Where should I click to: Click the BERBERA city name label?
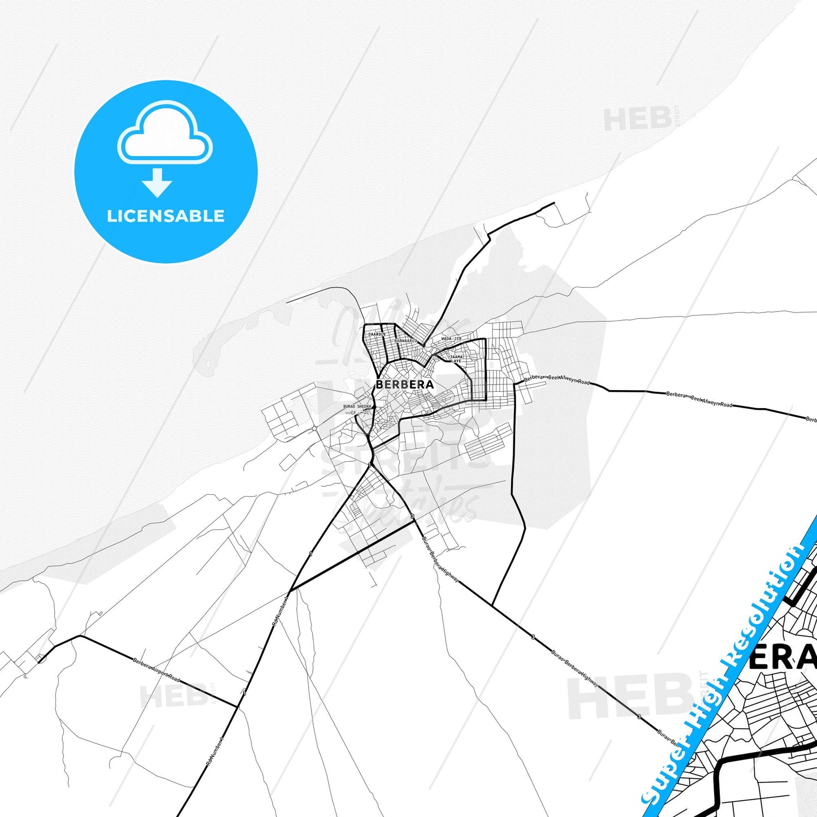pos(404,384)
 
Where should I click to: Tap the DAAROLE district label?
pos(377,334)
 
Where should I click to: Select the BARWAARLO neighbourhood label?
pos(405,341)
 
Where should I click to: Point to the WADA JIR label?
pos(451,339)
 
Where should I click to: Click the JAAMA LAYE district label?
pos(456,358)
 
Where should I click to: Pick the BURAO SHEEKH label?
pos(357,407)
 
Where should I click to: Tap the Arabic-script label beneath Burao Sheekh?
pos(357,412)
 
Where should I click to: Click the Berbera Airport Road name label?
pos(157,670)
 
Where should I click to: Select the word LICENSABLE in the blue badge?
pos(166,216)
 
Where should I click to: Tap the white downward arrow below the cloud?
pos(157,183)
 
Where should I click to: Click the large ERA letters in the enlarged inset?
pos(783,657)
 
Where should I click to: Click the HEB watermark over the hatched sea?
pos(636,119)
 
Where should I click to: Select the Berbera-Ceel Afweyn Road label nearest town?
pos(557,380)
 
